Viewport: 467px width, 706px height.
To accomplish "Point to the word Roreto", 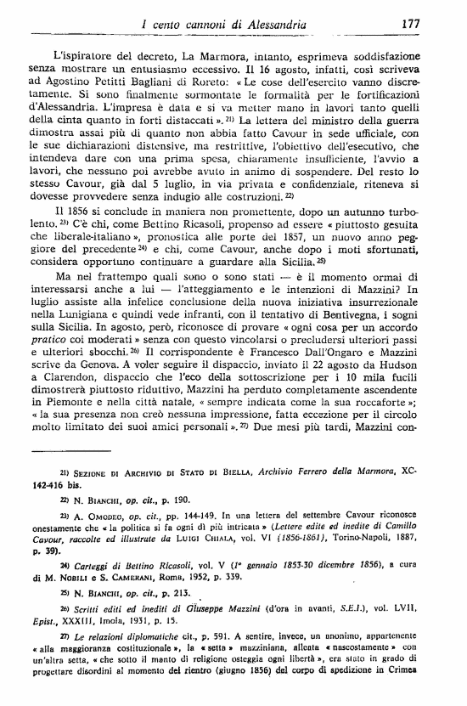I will [203, 83].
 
